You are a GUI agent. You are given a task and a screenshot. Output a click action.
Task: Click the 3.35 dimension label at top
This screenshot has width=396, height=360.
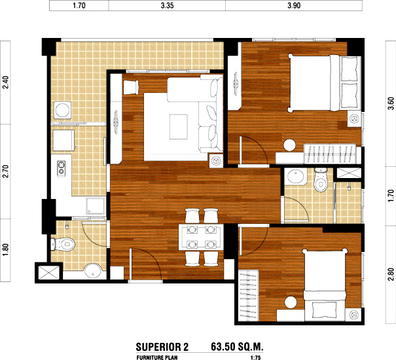click(167, 5)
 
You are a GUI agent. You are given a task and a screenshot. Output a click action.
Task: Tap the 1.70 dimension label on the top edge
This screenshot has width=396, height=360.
click(79, 5)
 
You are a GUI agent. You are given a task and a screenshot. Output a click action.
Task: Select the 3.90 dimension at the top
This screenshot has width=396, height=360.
click(294, 5)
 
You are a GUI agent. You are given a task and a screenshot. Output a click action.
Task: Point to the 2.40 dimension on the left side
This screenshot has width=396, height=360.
click(5, 82)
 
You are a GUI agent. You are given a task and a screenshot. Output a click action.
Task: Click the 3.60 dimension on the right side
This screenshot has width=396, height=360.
click(391, 103)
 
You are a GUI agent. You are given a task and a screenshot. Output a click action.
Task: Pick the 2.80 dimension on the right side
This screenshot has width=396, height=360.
click(391, 274)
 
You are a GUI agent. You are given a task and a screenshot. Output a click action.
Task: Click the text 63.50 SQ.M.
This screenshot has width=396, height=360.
click(237, 347)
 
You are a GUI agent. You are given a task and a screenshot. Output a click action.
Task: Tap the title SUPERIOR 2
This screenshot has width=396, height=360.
click(162, 347)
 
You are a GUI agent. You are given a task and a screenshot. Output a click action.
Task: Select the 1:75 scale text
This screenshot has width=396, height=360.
click(255, 357)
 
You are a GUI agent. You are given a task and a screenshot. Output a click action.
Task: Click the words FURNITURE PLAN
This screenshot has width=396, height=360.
click(157, 357)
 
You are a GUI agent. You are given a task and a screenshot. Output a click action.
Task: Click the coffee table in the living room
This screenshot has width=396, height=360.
click(179, 126)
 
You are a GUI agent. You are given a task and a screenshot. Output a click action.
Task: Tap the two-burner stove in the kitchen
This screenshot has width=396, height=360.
click(61, 168)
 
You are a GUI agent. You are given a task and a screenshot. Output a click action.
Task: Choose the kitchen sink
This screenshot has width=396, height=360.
click(96, 206)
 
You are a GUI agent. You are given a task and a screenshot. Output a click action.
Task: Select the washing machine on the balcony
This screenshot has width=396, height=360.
click(63, 110)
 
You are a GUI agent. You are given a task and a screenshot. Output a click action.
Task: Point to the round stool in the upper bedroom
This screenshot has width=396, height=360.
click(289, 145)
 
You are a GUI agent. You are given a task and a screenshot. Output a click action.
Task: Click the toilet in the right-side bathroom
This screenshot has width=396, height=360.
click(321, 180)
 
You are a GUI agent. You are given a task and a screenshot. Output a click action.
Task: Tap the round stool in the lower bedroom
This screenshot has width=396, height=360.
click(291, 302)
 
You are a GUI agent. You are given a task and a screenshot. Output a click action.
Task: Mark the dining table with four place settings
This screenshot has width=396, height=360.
click(201, 237)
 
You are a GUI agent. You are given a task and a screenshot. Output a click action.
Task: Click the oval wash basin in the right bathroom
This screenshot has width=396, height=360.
click(295, 176)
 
